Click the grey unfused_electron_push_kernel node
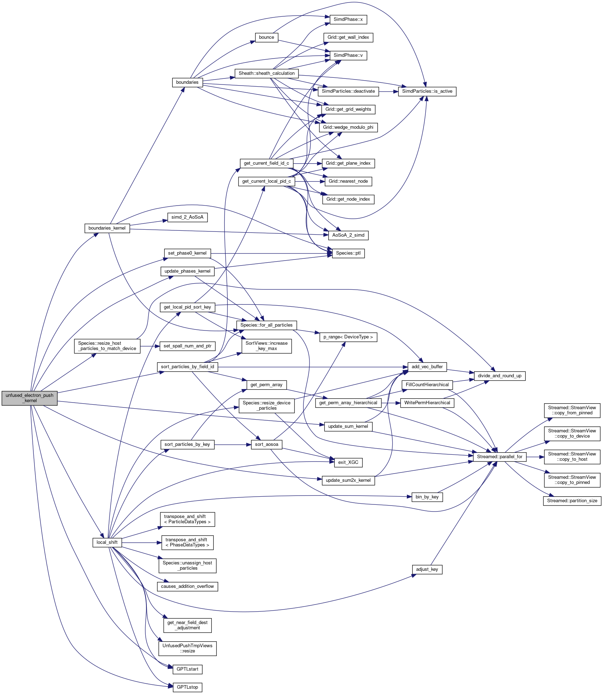coord(29,398)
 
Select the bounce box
coord(266,37)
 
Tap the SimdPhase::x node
coord(348,20)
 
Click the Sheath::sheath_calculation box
coord(266,73)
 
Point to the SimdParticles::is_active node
coord(427,91)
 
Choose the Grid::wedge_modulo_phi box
coord(348,127)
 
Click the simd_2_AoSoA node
coord(187,217)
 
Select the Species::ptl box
coord(348,253)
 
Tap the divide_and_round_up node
coord(499,376)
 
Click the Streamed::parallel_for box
coord(499,457)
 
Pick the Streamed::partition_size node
coord(572,501)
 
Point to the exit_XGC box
coord(348,462)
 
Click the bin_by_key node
coord(427,497)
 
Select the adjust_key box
coord(427,569)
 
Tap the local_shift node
coord(107,542)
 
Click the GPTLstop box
coord(187,687)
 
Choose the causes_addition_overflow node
coord(187,586)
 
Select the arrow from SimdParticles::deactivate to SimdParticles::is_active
coord(388,91)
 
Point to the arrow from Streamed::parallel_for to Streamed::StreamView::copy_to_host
coord(535,457)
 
